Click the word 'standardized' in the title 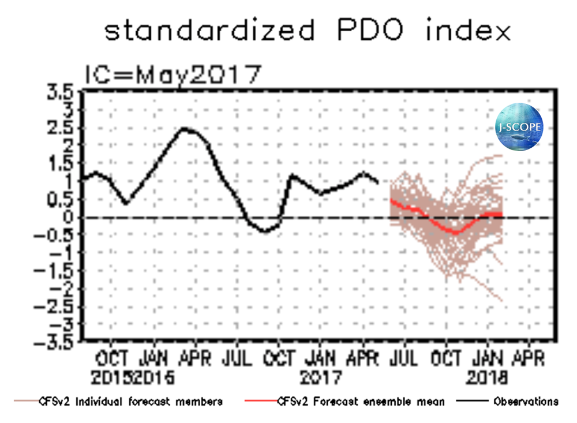[x=209, y=30]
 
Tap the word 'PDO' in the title [x=368, y=30]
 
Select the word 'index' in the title [x=468, y=30]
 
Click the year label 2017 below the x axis [x=321, y=379]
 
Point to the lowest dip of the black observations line [x=264, y=232]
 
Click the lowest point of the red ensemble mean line [x=456, y=232]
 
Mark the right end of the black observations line [x=378, y=183]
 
